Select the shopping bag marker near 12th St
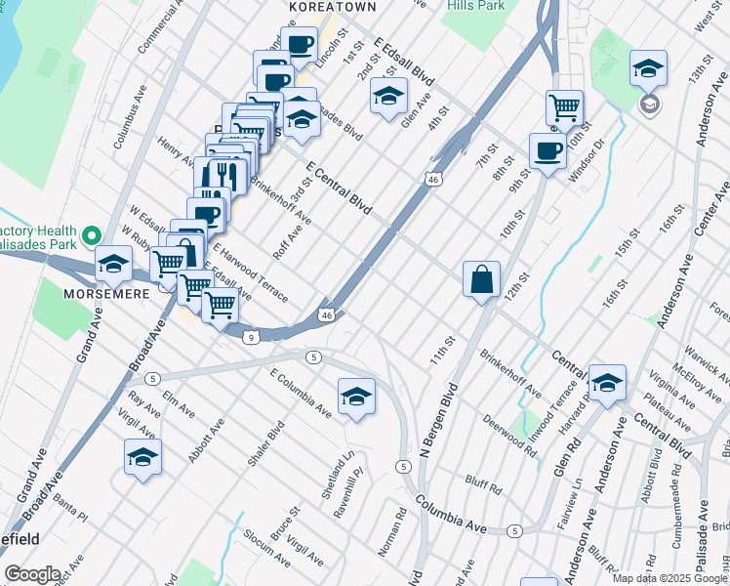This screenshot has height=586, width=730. [x=482, y=279]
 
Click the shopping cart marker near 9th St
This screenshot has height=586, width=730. [x=564, y=106]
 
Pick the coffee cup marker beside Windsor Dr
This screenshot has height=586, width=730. [x=547, y=150]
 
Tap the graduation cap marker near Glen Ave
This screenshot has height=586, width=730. [x=388, y=96]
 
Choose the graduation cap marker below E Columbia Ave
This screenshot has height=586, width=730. [x=356, y=396]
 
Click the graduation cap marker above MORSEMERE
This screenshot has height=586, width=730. [x=113, y=263]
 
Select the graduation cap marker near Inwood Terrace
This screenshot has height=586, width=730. [x=607, y=383]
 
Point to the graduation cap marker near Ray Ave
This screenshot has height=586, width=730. [x=142, y=456]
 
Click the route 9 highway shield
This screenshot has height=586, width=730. [x=252, y=337]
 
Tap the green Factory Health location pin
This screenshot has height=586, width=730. [x=91, y=235]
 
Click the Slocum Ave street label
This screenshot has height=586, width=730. [x=266, y=550]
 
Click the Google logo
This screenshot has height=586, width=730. [x=32, y=574]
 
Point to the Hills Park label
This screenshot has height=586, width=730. [x=476, y=6]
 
